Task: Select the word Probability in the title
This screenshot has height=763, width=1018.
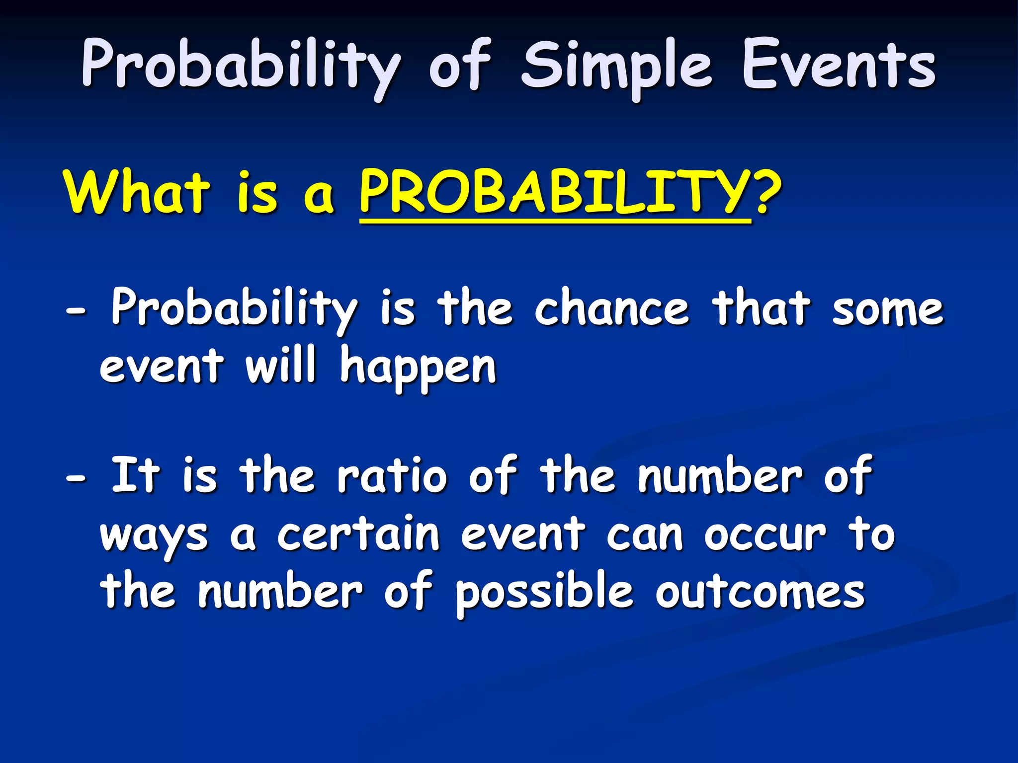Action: [241, 67]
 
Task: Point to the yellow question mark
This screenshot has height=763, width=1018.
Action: [768, 191]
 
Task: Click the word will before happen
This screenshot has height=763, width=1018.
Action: [281, 365]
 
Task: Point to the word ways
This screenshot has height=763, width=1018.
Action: [154, 537]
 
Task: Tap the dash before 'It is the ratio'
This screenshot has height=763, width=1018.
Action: [76, 478]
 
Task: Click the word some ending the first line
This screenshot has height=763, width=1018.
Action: [887, 309]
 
